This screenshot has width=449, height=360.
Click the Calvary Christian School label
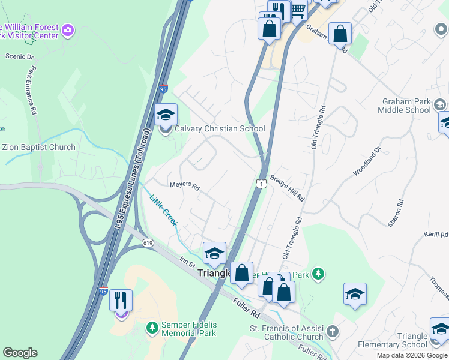pyautogui.click(x=219, y=128)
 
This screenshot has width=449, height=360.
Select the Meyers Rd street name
pyautogui.click(x=184, y=185)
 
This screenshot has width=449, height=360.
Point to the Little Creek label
pyautogui.click(x=164, y=211)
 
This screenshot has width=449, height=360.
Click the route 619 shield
pyautogui.click(x=148, y=242)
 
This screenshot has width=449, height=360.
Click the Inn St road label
pyautogui.click(x=188, y=262)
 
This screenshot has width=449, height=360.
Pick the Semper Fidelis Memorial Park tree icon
pyautogui.click(x=152, y=328)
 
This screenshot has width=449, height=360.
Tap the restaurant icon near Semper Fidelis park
pyautogui.click(x=121, y=300)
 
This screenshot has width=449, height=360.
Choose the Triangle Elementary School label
pyautogui.click(x=393, y=340)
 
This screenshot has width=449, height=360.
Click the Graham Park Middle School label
pyautogui.click(x=404, y=106)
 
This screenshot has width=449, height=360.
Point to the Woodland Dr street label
pyautogui.click(x=367, y=161)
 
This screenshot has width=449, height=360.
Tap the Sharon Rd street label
pyautogui.click(x=394, y=213)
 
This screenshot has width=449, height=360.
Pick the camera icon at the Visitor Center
pyautogui.click(x=68, y=29)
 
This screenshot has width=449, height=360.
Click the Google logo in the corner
pyautogui.click(x=20, y=353)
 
